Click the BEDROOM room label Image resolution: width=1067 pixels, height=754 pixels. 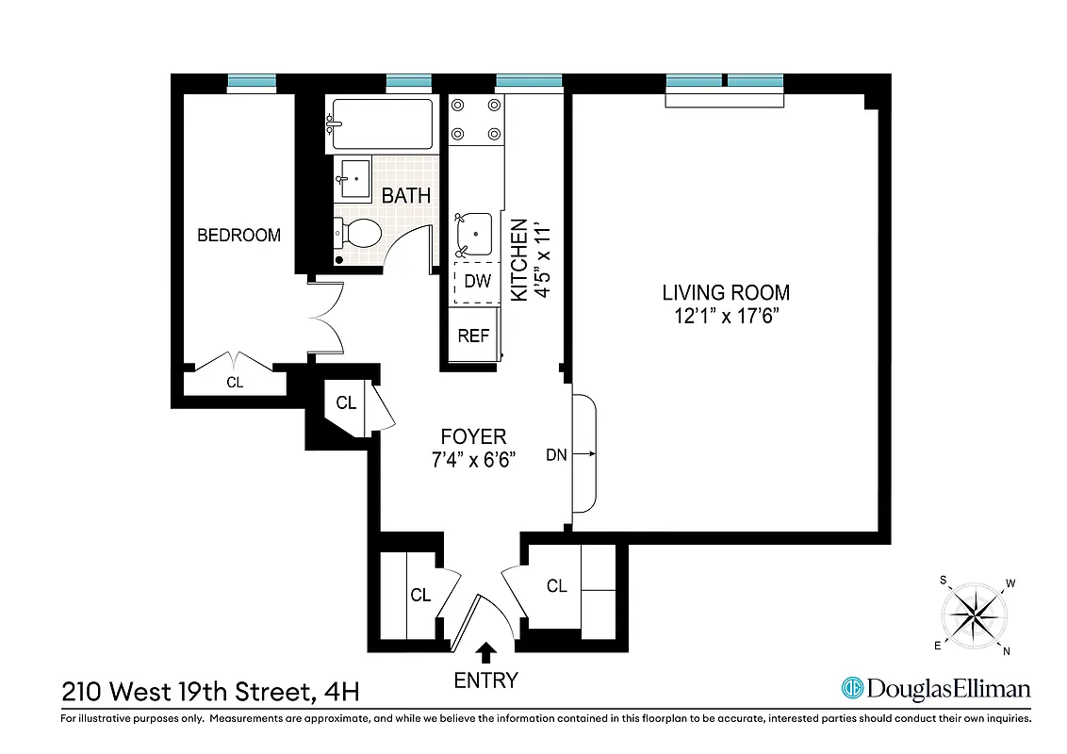tap(238, 236)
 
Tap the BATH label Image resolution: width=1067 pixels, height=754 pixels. tap(406, 196)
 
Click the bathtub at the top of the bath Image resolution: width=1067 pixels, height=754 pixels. tap(380, 124)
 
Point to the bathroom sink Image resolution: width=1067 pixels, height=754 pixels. tap(354, 178)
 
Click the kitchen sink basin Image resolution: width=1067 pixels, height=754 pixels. tap(474, 232)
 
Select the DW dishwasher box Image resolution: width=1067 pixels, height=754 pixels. tap(478, 281)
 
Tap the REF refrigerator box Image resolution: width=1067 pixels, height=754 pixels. tap(474, 336)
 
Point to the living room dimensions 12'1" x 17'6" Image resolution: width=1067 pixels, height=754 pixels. tap(725, 317)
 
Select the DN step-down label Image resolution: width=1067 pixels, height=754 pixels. tap(556, 455)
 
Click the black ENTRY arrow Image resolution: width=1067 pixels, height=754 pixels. tap(486, 651)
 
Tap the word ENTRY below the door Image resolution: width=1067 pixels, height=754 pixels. tap(486, 680)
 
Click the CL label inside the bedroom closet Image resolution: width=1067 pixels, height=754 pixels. tap(235, 383)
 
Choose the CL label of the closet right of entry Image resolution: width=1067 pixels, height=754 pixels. tap(557, 586)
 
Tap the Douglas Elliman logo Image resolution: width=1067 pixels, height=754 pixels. tap(935, 689)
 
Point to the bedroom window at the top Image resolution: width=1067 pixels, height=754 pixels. tap(253, 83)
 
